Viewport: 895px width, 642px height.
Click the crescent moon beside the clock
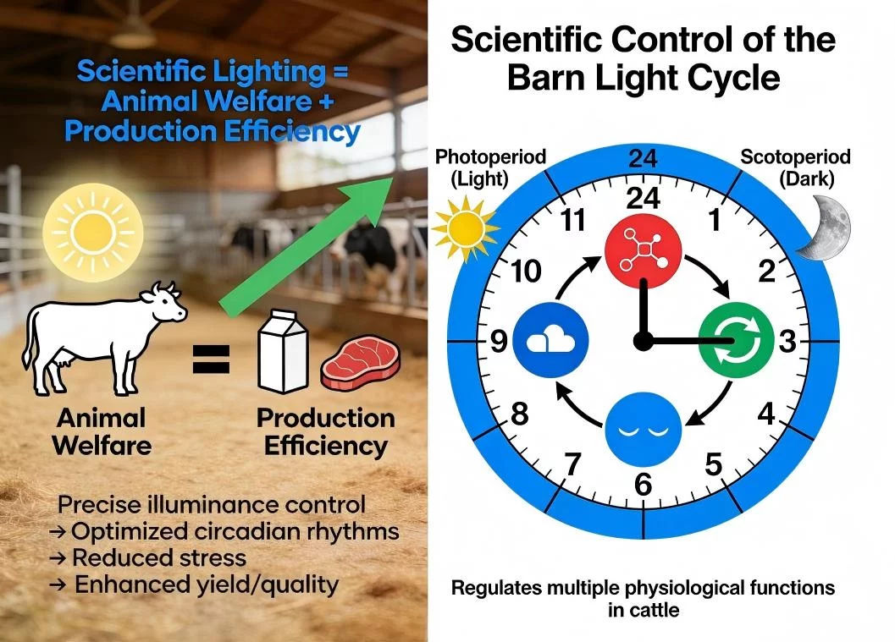826,228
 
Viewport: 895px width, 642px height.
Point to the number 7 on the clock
572,464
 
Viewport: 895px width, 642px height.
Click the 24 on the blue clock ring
643,159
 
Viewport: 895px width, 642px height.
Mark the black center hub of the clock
643,341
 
